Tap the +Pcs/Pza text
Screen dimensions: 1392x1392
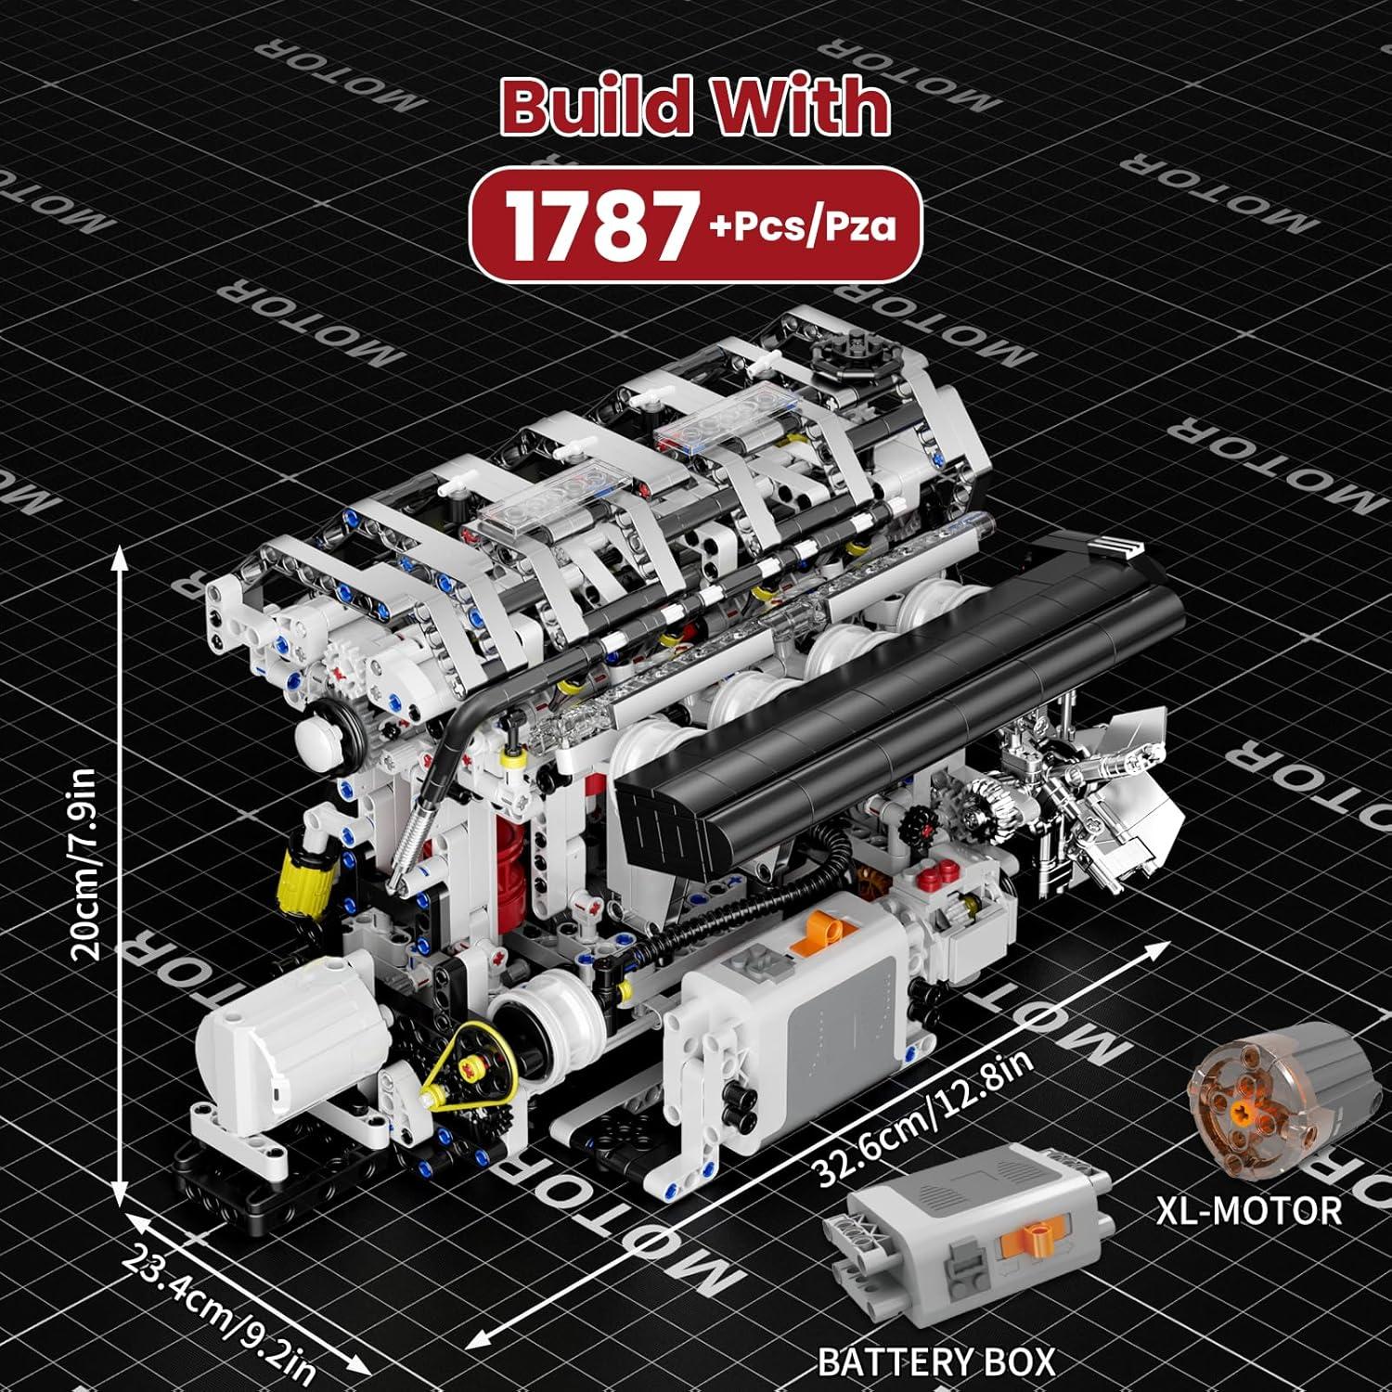[806, 228]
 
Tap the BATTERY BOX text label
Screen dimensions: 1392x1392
[936, 1361]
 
